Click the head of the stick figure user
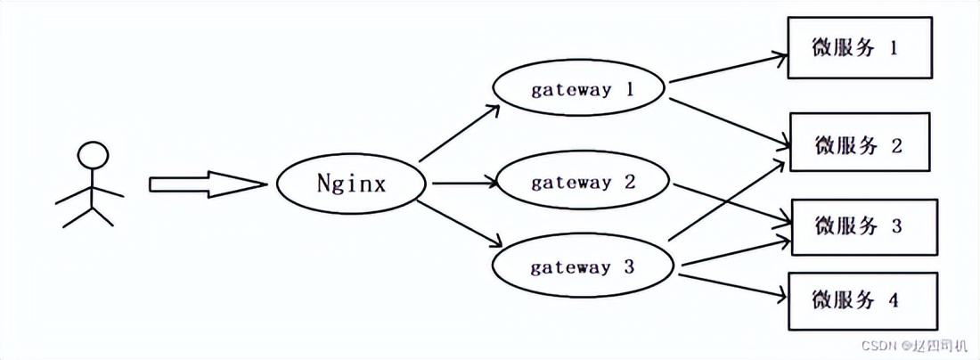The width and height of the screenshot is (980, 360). click(92, 155)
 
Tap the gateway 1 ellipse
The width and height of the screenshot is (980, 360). click(579, 90)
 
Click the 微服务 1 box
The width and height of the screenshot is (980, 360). click(859, 48)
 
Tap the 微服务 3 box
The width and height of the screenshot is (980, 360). click(863, 226)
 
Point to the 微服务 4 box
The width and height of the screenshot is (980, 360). click(861, 300)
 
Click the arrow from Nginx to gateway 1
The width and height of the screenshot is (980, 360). click(459, 134)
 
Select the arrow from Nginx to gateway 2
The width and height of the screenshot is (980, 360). click(463, 184)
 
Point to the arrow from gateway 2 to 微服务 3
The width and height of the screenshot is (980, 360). click(731, 204)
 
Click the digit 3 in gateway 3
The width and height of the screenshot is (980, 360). click(628, 266)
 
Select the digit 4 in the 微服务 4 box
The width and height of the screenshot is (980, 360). click(893, 300)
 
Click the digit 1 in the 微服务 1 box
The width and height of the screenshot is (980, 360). click(892, 48)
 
